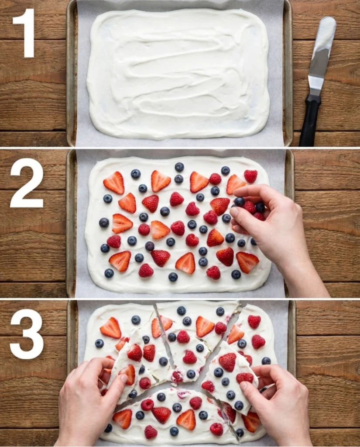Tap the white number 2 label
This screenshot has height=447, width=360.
point(27,183)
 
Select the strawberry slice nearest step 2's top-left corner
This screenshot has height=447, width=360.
point(114,183)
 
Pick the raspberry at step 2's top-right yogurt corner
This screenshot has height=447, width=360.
point(250,176)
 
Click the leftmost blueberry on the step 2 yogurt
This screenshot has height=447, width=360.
point(104,223)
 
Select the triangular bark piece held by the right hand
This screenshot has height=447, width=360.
point(229,375)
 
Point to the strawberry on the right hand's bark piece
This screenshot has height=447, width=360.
point(227,361)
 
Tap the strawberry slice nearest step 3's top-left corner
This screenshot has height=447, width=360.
point(111,328)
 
